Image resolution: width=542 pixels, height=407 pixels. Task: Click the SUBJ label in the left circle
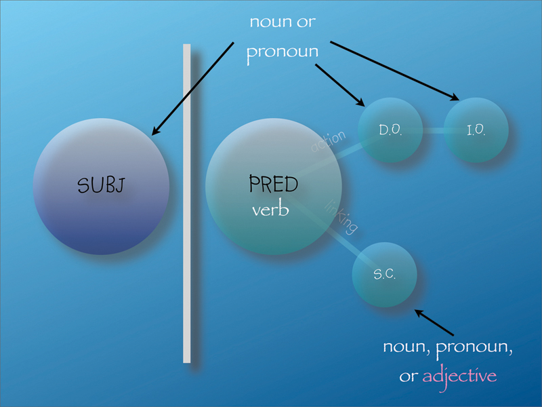[x=100, y=185]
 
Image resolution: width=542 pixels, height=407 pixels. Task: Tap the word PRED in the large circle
[x=274, y=184]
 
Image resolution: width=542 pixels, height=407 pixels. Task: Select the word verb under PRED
[x=270, y=210]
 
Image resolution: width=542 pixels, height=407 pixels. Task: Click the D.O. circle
[x=390, y=130]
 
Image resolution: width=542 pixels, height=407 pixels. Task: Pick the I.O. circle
[x=476, y=130]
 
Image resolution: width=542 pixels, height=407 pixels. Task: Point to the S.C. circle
[x=384, y=275]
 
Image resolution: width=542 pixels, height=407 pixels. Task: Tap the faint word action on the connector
[x=328, y=143]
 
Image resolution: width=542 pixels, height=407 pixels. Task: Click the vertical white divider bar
[x=187, y=203]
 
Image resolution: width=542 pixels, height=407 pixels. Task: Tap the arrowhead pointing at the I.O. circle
[x=455, y=98]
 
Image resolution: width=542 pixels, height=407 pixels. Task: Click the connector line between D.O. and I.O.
[x=434, y=130]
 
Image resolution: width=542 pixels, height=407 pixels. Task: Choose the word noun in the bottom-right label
[x=405, y=347]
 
